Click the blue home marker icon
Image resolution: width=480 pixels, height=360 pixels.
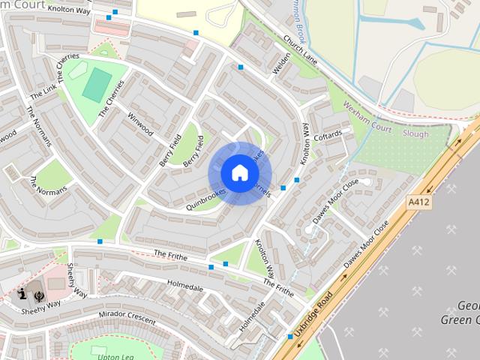pos(238,173)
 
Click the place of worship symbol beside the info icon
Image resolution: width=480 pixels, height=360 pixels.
pos(38,295)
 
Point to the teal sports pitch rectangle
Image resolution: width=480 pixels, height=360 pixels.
pos(95,84)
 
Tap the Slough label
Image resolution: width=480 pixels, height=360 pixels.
pos(416,134)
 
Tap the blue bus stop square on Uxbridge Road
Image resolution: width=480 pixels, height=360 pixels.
pos(290,337)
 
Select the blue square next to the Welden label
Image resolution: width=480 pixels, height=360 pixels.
pos(241,67)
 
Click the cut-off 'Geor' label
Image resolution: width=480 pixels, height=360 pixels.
pos(468,306)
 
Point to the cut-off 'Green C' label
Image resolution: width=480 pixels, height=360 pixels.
pos(462,321)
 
